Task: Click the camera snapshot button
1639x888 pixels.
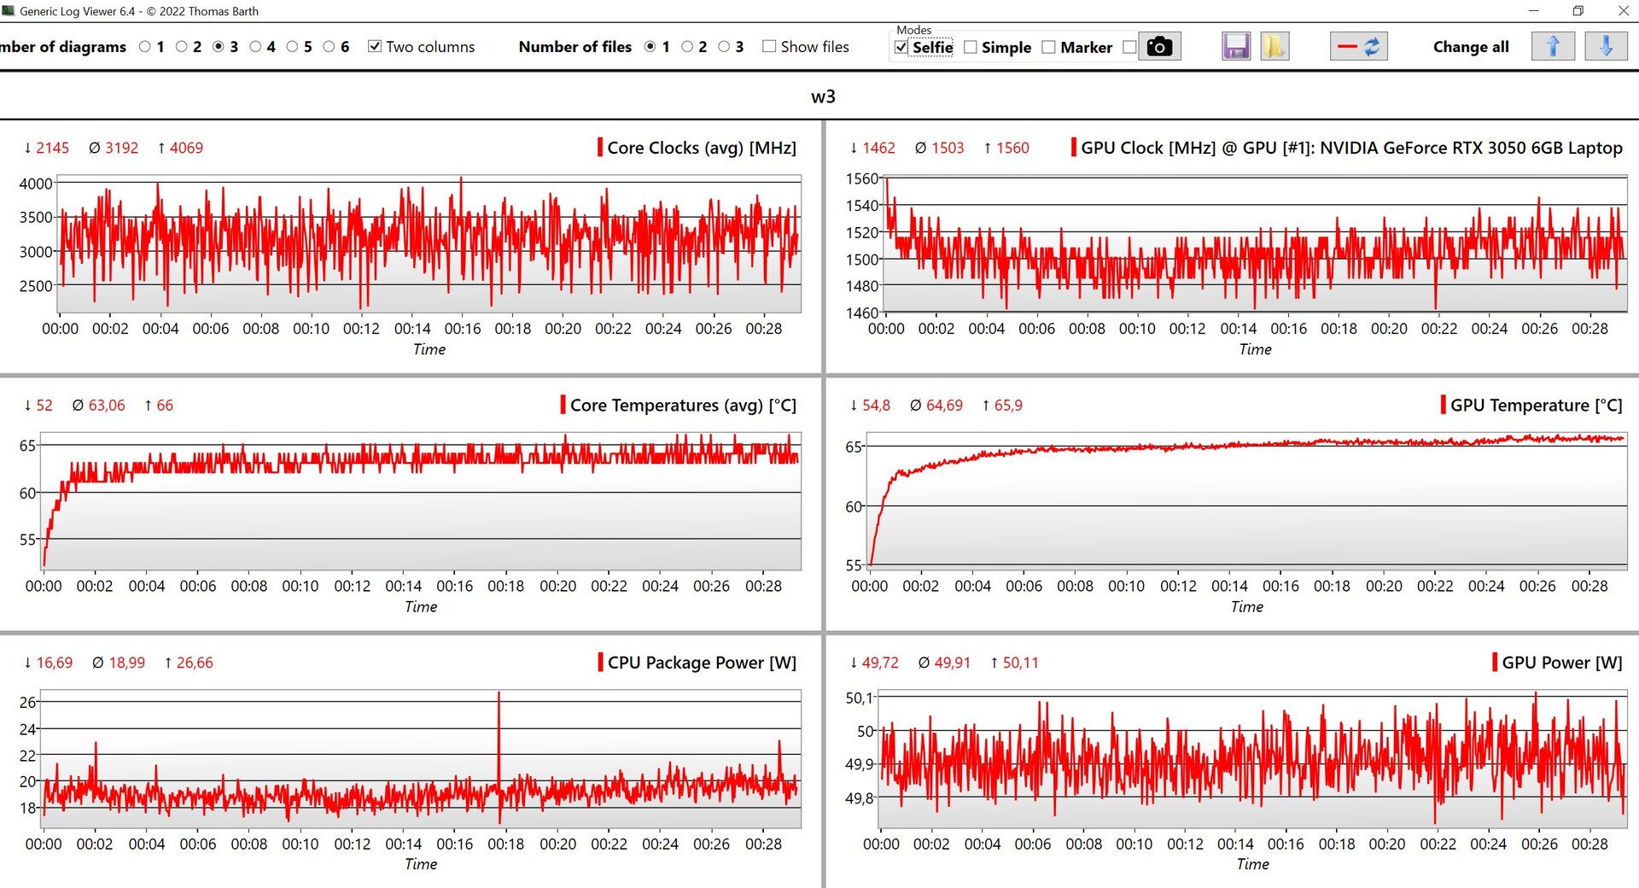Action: click(1158, 46)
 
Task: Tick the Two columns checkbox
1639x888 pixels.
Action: click(374, 46)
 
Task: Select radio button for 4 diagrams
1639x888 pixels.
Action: click(255, 46)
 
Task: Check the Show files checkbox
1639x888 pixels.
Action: click(769, 46)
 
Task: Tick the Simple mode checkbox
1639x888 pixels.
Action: click(971, 47)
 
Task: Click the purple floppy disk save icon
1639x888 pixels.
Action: click(1235, 46)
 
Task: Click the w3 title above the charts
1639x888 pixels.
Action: click(823, 96)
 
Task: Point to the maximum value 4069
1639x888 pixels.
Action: click(186, 148)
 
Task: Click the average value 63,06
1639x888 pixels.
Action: click(107, 406)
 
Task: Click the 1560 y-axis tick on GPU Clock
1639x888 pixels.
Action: click(861, 178)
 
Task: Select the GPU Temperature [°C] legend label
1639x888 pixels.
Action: click(1536, 406)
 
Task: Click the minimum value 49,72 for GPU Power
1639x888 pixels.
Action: click(880, 663)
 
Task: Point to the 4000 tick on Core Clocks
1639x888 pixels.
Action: click(36, 184)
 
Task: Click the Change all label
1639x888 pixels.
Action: click(1471, 47)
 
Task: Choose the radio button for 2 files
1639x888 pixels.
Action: click(687, 46)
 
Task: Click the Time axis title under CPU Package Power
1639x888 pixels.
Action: click(421, 864)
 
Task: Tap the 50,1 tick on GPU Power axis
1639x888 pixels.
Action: click(860, 698)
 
